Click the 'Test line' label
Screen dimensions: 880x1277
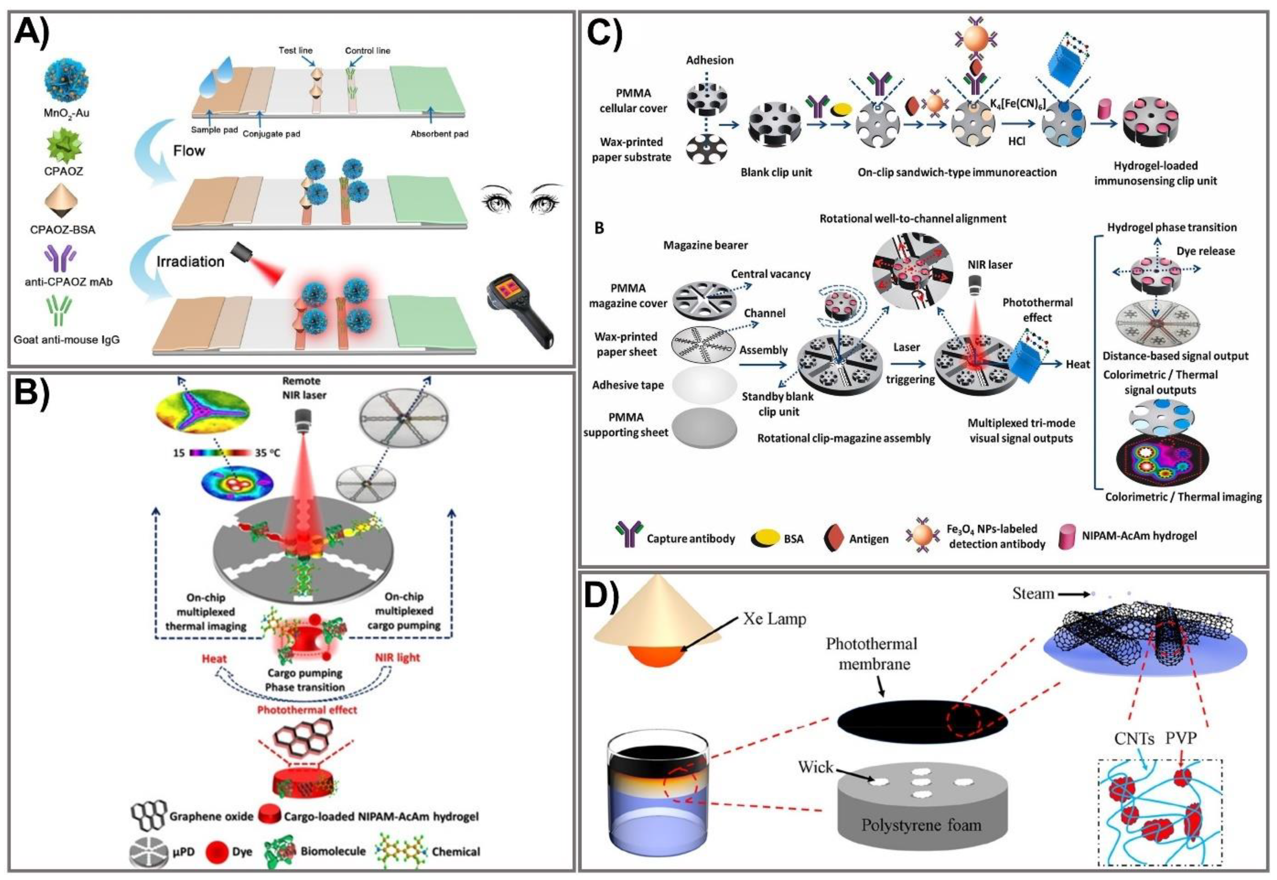coord(295,50)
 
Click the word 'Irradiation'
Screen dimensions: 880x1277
coord(190,261)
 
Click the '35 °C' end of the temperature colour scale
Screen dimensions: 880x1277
coord(267,453)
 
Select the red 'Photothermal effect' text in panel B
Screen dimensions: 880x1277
coord(307,710)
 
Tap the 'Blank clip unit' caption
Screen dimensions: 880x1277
coord(776,172)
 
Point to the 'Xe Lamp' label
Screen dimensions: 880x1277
coord(774,619)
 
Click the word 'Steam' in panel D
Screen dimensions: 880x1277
coord(1033,593)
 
